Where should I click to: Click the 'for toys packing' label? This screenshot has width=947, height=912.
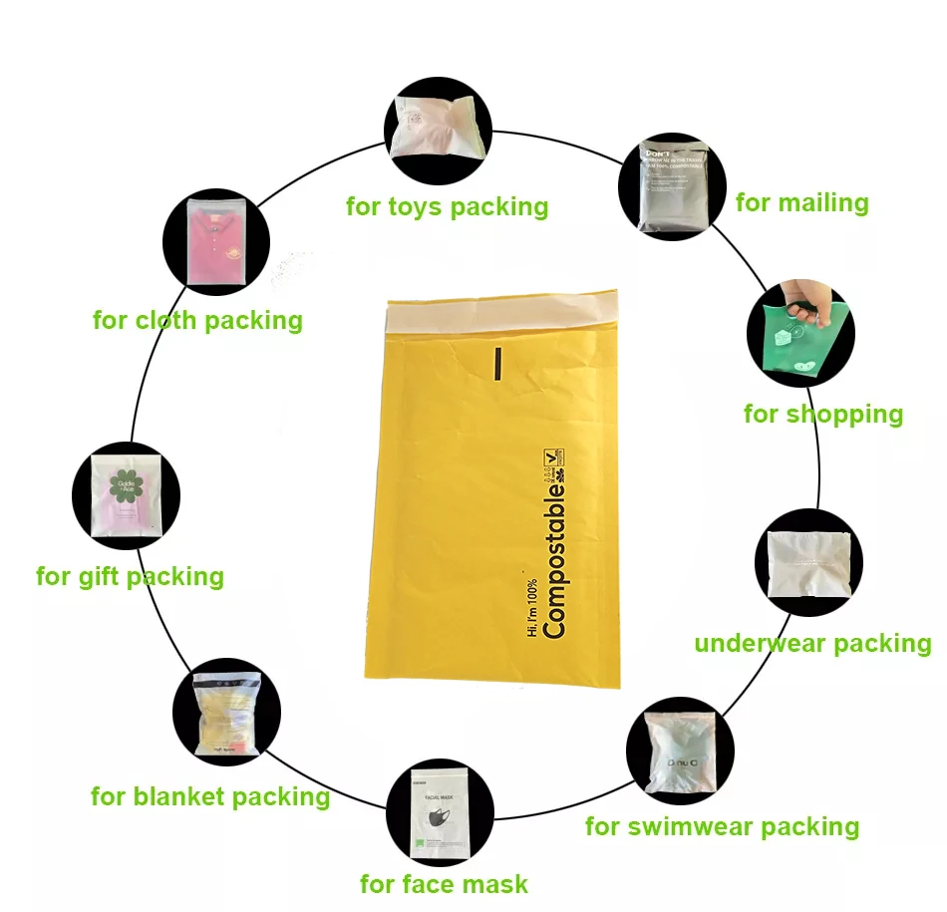(447, 206)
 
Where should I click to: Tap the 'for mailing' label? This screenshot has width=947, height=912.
(801, 203)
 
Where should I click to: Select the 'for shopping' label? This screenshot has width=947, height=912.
(822, 414)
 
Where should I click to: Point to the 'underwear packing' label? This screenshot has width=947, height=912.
(812, 643)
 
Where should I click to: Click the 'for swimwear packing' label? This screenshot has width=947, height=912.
(722, 826)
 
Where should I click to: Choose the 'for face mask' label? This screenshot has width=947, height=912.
(444, 884)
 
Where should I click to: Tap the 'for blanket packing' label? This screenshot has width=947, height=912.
(209, 796)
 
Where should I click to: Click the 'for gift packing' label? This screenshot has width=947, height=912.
(130, 576)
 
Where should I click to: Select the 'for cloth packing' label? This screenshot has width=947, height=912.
(197, 320)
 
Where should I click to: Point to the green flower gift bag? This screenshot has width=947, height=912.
(127, 495)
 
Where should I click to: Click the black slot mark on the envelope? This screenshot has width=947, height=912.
(495, 364)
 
